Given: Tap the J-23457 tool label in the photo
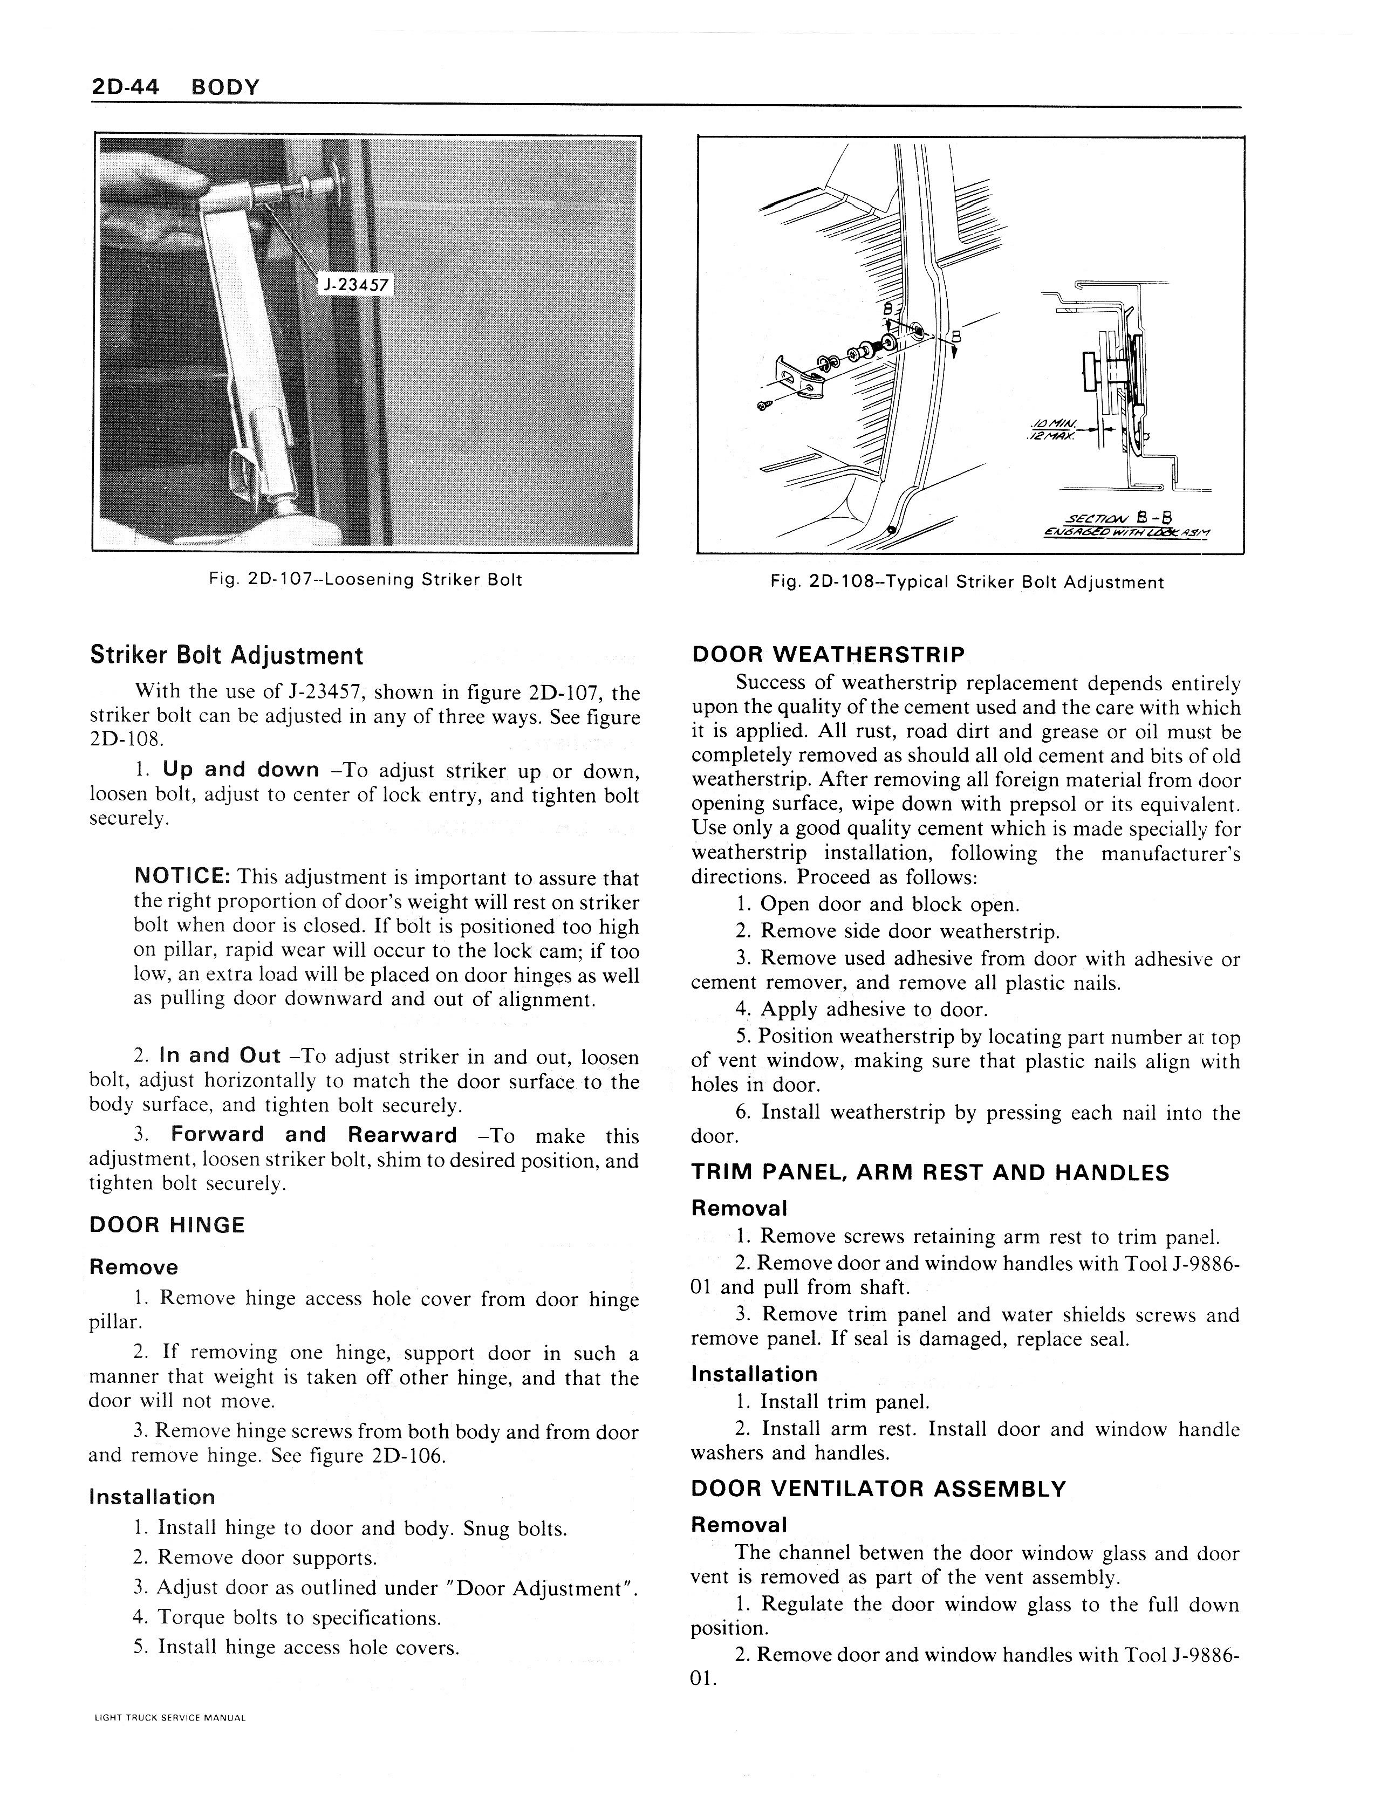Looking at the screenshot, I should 355,285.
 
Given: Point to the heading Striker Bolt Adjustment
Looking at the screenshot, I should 225,656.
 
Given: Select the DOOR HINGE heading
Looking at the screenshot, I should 167,1225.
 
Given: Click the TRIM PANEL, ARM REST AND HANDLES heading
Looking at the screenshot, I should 930,1173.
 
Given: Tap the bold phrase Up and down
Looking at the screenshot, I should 241,770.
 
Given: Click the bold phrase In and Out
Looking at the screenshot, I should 220,1055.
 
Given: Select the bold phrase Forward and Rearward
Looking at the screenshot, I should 313,1135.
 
